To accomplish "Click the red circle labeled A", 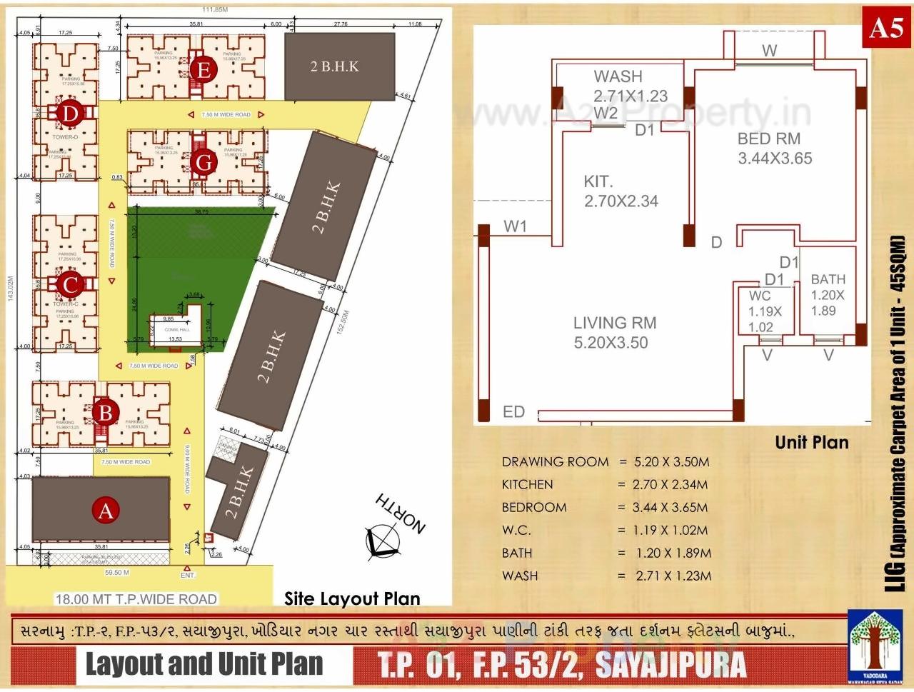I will [106, 511].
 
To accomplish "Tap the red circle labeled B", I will [106, 412].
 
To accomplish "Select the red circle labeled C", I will [70, 285].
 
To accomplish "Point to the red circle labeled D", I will [70, 114].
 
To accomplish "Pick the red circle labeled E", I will [204, 70].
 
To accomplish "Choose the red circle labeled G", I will [204, 163].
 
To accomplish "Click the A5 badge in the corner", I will [886, 28].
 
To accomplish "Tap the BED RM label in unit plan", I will [768, 139].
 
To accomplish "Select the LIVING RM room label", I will [614, 324].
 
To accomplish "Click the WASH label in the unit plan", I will [618, 76].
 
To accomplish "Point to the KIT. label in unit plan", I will [598, 182].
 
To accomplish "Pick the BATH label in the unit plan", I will [828, 279].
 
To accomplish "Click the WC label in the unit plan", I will [760, 296].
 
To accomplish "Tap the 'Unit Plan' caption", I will [812, 443].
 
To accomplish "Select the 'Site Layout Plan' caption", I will [352, 598].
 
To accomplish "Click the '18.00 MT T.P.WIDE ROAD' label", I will [136, 599].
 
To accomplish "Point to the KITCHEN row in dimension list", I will [527, 484].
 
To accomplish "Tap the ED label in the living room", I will [513, 412].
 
